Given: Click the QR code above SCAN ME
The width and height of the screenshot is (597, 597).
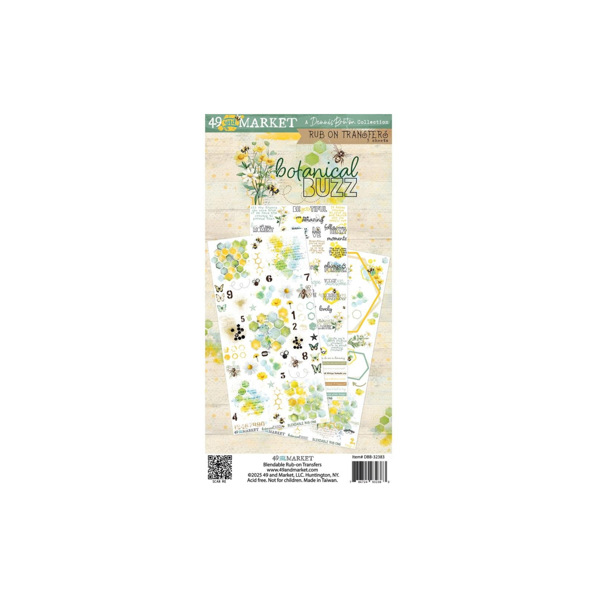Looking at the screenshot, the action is click(x=219, y=467).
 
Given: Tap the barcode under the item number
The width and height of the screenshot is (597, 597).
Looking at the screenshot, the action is click(x=369, y=470).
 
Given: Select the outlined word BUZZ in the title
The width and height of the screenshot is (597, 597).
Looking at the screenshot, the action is click(x=330, y=187).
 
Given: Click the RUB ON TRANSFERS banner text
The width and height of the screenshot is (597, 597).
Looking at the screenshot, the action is click(x=348, y=134).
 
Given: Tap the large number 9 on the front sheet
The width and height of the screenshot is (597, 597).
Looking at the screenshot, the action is click(x=230, y=295).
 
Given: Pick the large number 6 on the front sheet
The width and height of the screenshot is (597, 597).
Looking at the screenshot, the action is click(x=269, y=279).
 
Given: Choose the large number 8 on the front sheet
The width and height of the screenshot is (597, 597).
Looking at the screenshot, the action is click(x=304, y=356).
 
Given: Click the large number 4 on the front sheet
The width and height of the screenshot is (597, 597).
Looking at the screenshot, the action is click(x=235, y=416).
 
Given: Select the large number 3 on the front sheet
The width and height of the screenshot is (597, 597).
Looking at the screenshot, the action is click(x=283, y=376).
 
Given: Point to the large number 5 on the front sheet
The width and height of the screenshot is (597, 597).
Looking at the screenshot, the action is click(x=243, y=319).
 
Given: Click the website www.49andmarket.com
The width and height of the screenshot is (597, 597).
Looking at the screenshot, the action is click(x=292, y=470).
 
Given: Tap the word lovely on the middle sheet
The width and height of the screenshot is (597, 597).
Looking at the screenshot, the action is click(x=325, y=309).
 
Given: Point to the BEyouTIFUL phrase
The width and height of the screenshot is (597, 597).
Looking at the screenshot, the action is click(x=309, y=209).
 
